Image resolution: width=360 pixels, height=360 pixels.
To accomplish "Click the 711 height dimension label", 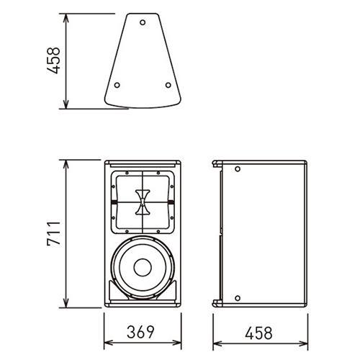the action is pyautogui.click(x=54, y=233).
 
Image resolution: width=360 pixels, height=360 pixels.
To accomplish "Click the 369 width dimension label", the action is pyautogui.click(x=140, y=332).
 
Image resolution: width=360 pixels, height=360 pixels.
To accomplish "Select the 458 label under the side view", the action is pyautogui.click(x=258, y=333).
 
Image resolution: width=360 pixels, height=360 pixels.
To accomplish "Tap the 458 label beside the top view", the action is pyautogui.click(x=53, y=60).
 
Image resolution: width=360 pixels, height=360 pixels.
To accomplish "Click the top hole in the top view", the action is pyautogui.click(x=143, y=22).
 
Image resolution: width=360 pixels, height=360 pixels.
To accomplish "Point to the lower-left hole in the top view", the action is pyautogui.click(x=117, y=85).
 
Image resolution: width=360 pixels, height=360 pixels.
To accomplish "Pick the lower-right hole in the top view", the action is pyautogui.click(x=168, y=85).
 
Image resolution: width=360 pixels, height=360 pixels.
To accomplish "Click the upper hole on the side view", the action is pyautogui.click(x=238, y=169).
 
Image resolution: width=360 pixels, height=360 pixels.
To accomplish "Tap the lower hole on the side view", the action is pyautogui.click(x=238, y=298).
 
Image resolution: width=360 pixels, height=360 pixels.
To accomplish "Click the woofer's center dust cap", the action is pyautogui.click(x=143, y=267).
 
